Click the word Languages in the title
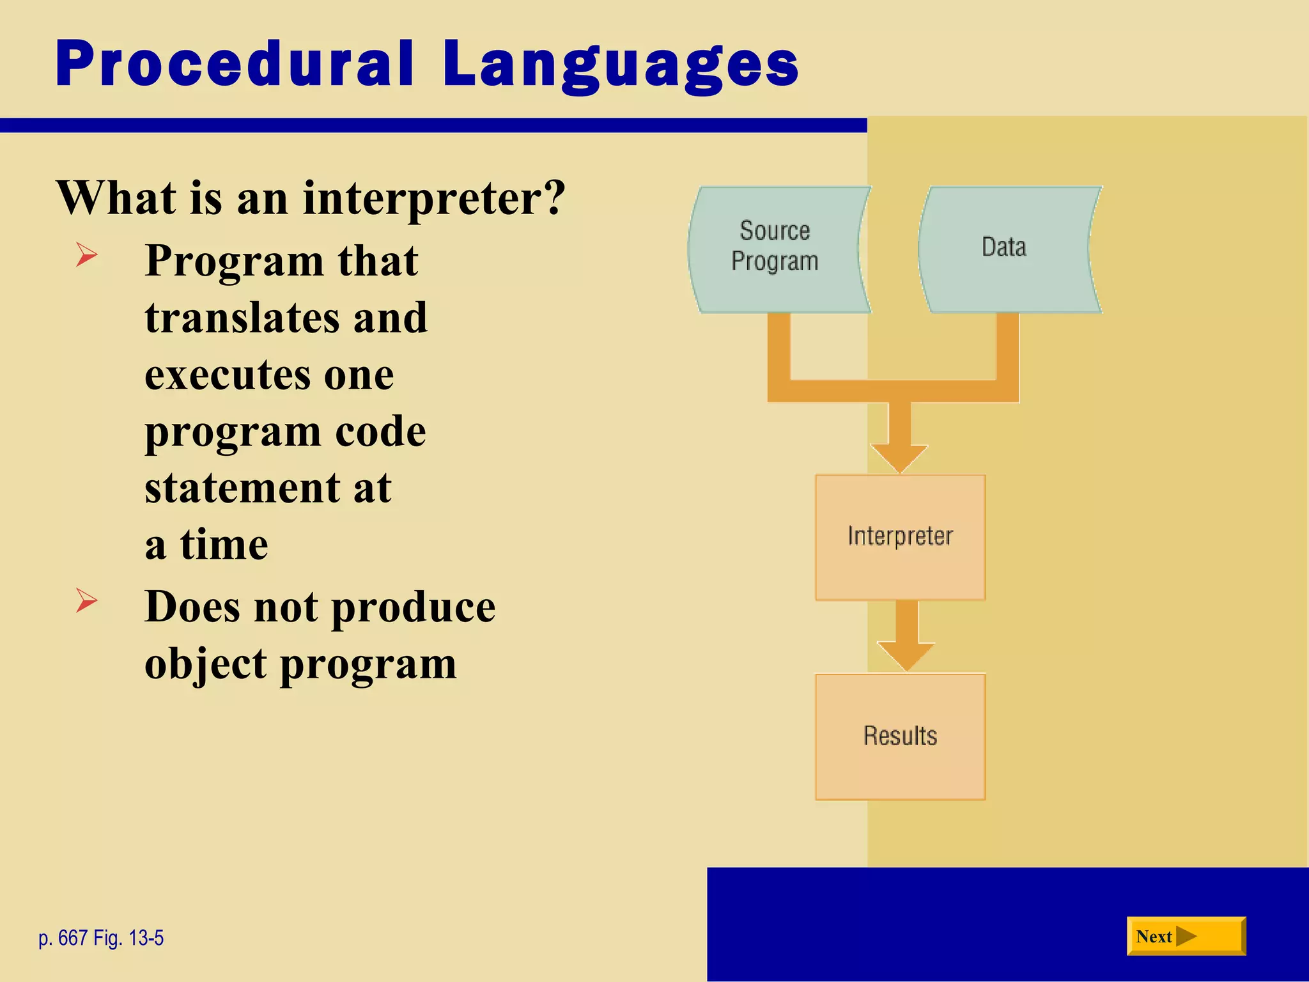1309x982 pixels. [x=620, y=65]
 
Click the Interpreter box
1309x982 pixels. [x=900, y=537]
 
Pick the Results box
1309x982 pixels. [x=900, y=736]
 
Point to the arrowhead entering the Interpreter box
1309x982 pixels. [x=900, y=458]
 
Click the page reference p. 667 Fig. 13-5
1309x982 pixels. [x=101, y=938]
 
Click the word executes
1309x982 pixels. [x=228, y=375]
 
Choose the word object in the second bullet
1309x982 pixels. [x=205, y=664]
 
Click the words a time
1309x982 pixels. [x=206, y=545]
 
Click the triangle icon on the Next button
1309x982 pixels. [x=1186, y=937]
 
